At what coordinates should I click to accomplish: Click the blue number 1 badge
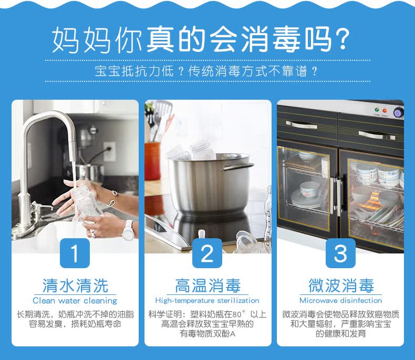pyautogui.click(x=75, y=253)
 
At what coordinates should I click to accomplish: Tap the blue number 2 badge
pyautogui.click(x=207, y=253)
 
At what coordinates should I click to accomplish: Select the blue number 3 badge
pyautogui.click(x=340, y=253)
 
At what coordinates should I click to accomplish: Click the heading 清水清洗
pyautogui.click(x=75, y=285)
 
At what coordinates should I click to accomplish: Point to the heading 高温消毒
pyautogui.click(x=208, y=285)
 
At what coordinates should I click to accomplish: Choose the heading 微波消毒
pyautogui.click(x=341, y=285)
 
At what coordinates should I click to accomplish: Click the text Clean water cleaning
pyautogui.click(x=75, y=301)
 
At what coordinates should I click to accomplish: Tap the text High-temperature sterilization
pyautogui.click(x=207, y=301)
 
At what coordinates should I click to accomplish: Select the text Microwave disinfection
pyautogui.click(x=340, y=301)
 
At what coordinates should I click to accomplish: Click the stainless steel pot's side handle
pyautogui.click(x=237, y=166)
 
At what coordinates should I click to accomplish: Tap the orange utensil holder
pyautogui.click(x=152, y=160)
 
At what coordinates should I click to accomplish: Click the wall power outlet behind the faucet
pyautogui.click(x=110, y=152)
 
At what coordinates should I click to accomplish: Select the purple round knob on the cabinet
pyautogui.click(x=398, y=113)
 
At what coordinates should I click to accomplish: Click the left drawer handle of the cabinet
pyautogui.click(x=302, y=124)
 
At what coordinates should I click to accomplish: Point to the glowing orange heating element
pyautogui.click(x=374, y=202)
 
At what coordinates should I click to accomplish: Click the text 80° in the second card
pyautogui.click(x=236, y=314)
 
